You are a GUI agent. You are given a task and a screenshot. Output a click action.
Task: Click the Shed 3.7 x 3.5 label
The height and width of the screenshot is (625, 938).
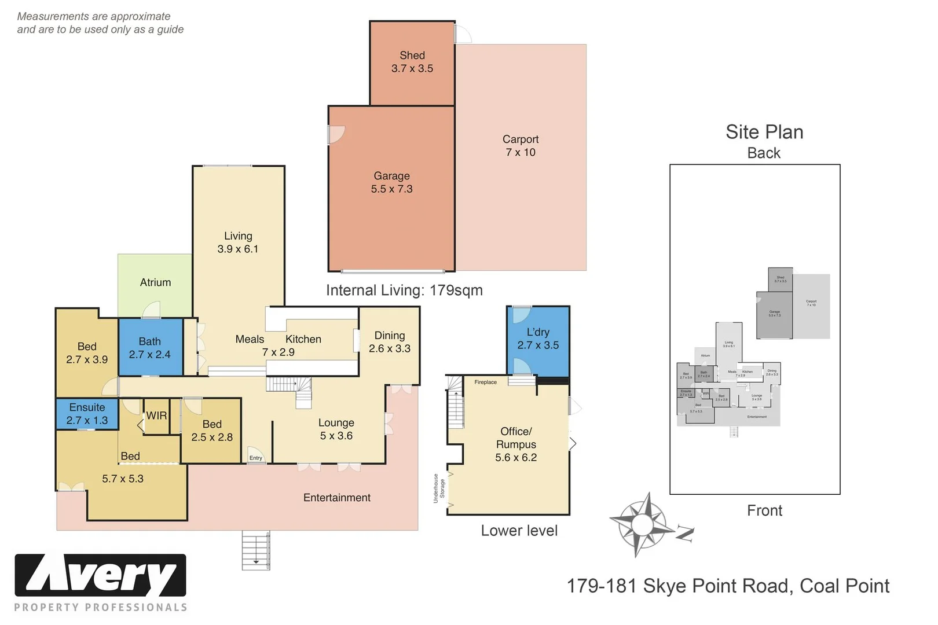[x=412, y=62]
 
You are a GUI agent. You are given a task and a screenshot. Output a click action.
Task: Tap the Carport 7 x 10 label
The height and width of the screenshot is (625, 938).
[x=520, y=146]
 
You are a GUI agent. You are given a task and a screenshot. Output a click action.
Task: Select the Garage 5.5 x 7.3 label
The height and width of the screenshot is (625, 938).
[x=391, y=182]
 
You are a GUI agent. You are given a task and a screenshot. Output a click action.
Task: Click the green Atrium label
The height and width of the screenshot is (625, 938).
[x=155, y=282]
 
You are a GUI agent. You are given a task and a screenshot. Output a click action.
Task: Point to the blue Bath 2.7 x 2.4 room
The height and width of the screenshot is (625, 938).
[x=150, y=348]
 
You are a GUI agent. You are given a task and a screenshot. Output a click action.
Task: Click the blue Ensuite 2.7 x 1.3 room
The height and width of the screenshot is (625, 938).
[x=87, y=414]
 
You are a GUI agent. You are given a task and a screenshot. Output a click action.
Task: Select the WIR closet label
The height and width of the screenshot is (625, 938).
[x=156, y=416]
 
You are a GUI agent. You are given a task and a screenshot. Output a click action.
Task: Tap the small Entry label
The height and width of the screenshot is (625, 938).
[x=255, y=458]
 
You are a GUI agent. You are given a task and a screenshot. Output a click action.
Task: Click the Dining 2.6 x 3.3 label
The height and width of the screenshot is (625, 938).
[x=389, y=342]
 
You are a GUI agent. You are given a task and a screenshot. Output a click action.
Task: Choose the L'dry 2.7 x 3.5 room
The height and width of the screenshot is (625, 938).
[x=538, y=339]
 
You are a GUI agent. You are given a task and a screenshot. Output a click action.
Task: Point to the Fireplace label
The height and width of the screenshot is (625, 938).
[x=485, y=383]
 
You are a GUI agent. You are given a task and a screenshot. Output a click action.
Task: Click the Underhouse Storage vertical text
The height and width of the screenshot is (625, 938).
[x=439, y=488]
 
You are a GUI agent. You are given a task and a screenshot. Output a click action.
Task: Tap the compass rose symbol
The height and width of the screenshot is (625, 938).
[x=642, y=524]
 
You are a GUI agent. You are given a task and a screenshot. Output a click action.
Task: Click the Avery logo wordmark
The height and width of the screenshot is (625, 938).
[x=100, y=575]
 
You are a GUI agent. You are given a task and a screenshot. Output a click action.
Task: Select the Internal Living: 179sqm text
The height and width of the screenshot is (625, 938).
[x=404, y=291]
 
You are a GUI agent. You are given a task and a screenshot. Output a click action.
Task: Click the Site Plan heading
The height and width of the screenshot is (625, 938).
[x=764, y=132]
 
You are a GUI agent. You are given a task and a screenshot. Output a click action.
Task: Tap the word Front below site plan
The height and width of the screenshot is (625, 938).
[x=764, y=510]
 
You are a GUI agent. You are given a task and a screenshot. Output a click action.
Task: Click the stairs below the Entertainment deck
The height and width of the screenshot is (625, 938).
[x=255, y=550]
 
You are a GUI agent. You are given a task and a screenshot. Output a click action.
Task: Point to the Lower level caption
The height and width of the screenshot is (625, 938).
[x=519, y=531]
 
